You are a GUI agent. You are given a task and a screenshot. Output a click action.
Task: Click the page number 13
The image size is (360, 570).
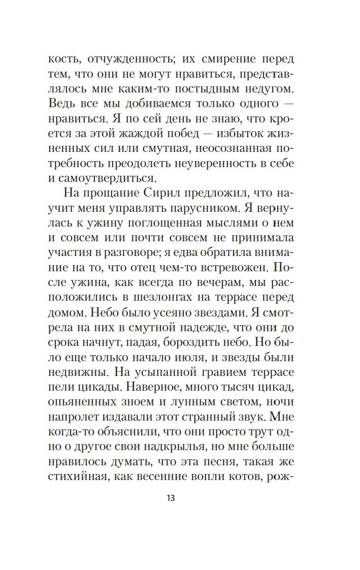[x=170, y=498]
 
